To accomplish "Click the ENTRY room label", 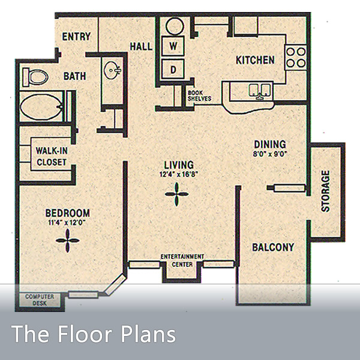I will (76, 37).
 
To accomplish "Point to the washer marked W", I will (173, 46).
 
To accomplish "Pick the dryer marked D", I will (173, 69).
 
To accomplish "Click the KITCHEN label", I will (255, 60).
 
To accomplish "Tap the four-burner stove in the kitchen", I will (295, 56).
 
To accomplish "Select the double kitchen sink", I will (260, 91).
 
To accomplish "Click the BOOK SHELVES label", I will (199, 96).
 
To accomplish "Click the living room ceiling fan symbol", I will (177, 194).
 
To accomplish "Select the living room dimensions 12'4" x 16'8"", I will (179, 175).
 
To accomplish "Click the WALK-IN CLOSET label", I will (51, 156).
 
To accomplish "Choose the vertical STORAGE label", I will (326, 191).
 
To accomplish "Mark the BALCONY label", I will (273, 247).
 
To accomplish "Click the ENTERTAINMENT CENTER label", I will (182, 260).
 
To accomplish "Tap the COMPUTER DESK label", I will (40, 299).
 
